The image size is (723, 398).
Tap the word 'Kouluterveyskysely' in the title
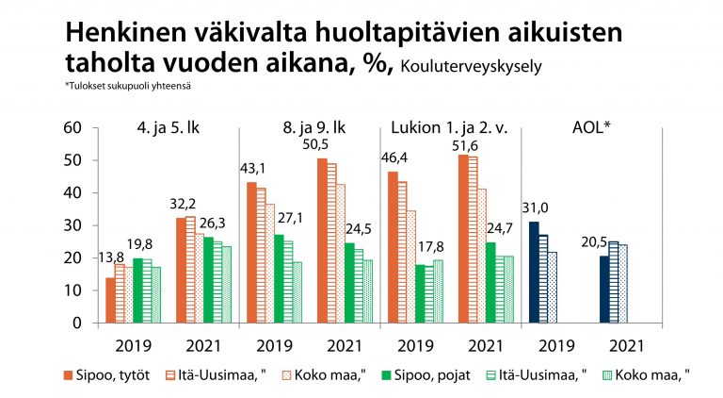coord(471,66)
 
